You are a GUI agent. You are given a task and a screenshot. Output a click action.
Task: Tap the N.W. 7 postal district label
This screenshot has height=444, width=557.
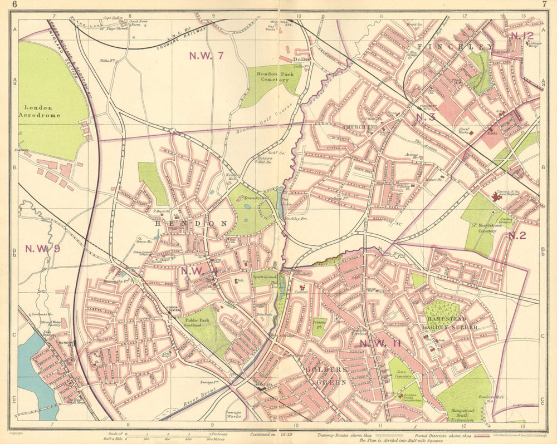[x=206, y=55]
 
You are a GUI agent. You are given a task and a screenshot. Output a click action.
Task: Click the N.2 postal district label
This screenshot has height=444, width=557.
[x=516, y=235]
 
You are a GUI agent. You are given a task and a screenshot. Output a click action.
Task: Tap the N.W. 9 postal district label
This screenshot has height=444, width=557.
[x=42, y=249]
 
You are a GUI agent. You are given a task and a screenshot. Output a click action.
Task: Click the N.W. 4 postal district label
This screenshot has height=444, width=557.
[x=199, y=271]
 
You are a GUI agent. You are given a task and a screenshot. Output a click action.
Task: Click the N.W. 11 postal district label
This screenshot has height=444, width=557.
[x=379, y=343]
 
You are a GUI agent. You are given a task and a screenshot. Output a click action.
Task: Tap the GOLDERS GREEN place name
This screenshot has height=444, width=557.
[x=326, y=376]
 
